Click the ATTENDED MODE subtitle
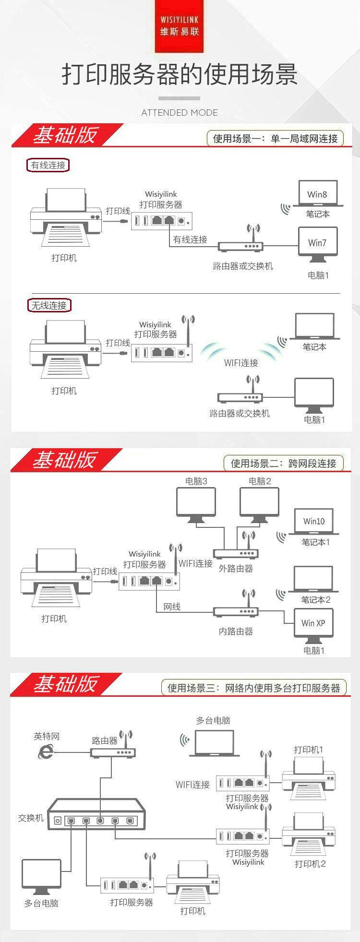[180, 113]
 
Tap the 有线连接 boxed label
[48, 165]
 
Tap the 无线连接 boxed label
[48, 305]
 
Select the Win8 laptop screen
[317, 193]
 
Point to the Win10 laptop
[314, 522]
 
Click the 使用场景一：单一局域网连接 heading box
[276, 139]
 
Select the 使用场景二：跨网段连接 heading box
[284, 463]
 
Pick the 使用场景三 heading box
[253, 688]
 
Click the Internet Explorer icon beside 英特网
[46, 751]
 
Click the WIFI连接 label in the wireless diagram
[241, 363]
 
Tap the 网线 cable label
[172, 607]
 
